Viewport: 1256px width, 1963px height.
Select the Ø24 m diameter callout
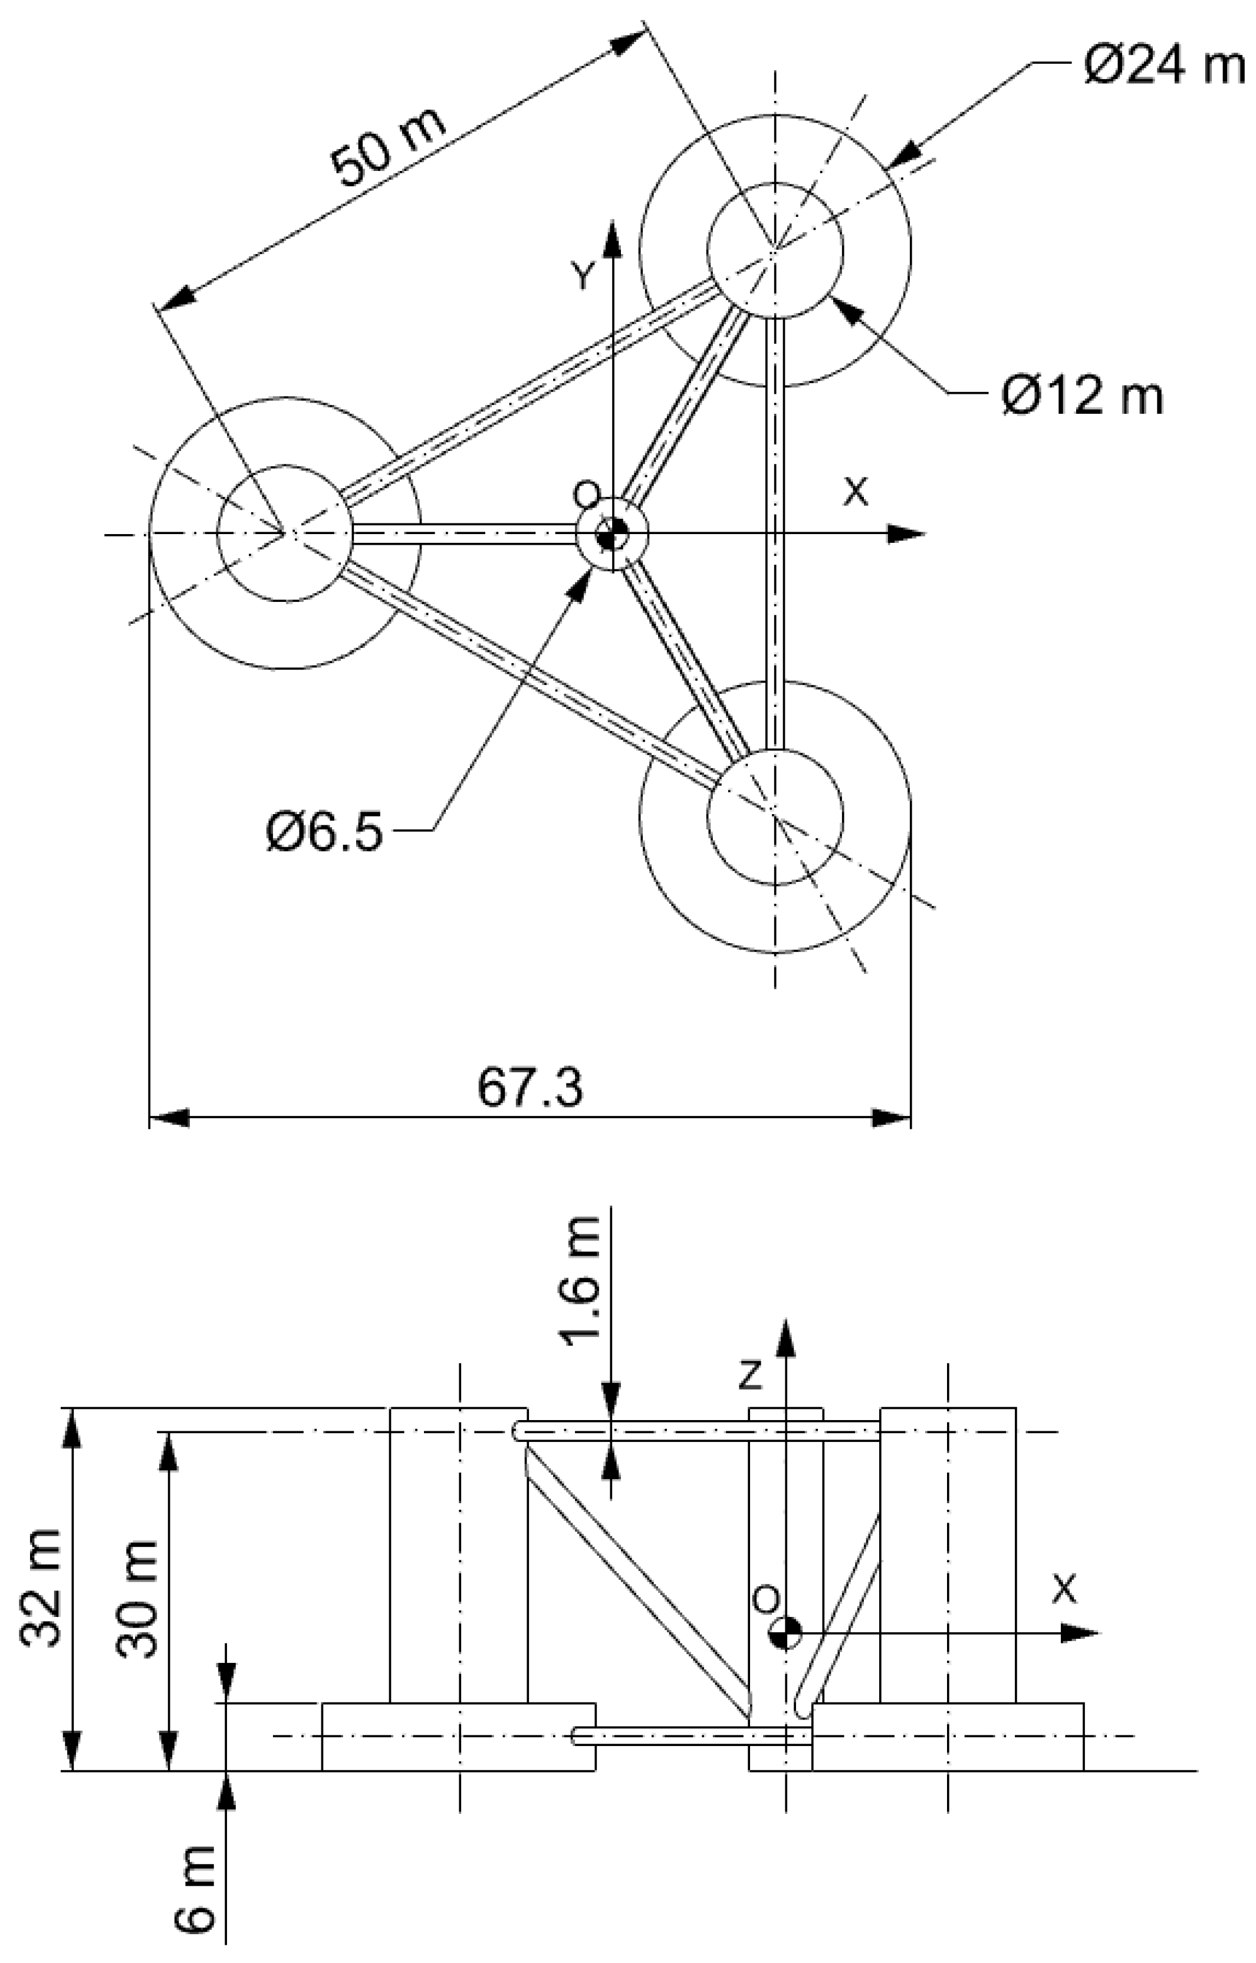coord(1164,66)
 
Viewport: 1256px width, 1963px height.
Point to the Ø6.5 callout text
coord(324,832)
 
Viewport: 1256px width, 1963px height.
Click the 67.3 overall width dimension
coord(530,1088)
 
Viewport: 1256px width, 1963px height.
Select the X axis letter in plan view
coord(856,490)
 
